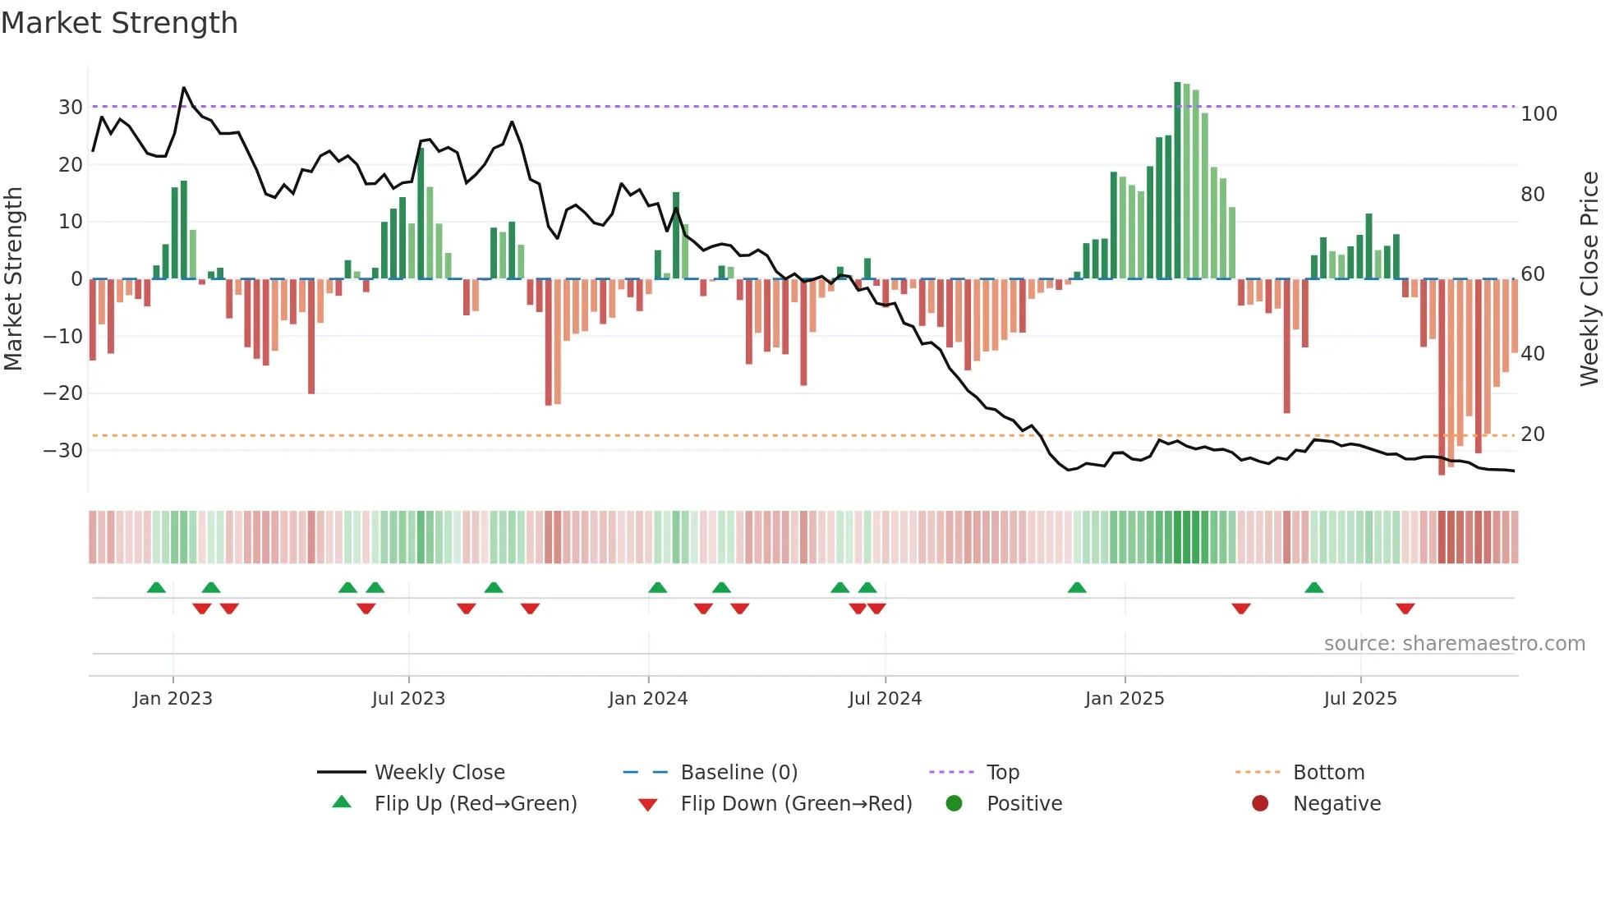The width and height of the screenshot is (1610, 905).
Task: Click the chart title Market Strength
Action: (119, 23)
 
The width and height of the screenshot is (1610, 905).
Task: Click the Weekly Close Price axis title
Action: (1589, 279)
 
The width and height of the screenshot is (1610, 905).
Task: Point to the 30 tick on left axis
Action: (70, 108)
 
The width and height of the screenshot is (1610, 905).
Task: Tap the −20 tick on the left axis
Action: (63, 393)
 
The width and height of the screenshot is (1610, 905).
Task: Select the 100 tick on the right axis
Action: (1539, 114)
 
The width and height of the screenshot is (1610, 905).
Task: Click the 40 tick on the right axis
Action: (1533, 354)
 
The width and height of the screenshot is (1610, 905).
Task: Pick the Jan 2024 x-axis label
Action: (648, 699)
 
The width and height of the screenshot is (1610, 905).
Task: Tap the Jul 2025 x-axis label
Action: (1360, 699)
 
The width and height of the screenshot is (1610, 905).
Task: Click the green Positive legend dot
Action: (954, 804)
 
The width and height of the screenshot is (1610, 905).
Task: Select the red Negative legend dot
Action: (1260, 804)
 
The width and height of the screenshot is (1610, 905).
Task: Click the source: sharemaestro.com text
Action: (1454, 644)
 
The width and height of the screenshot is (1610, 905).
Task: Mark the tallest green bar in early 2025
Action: (1177, 181)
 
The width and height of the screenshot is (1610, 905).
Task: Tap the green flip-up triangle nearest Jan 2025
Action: (1077, 587)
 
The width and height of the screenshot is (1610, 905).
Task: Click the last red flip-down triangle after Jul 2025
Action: (1405, 609)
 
